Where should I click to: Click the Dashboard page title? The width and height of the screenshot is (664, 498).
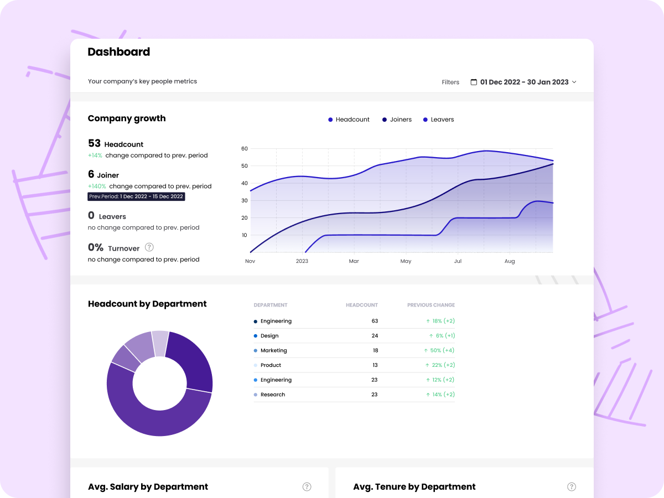point(119,52)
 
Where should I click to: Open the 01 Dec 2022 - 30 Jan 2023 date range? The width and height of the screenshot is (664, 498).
point(524,82)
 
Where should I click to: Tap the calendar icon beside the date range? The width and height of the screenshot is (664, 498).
point(474,82)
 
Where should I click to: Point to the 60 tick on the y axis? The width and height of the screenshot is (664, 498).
point(244,149)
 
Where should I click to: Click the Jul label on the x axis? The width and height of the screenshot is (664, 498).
point(458,261)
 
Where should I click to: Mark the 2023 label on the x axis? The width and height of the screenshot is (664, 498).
point(302,261)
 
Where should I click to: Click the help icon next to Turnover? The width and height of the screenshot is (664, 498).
point(149,247)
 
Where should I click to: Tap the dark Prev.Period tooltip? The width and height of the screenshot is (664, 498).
point(136,196)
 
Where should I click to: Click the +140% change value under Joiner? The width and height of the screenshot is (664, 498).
point(97,186)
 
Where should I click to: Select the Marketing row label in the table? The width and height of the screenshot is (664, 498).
point(273,351)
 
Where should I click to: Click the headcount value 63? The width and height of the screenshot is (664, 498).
point(375,321)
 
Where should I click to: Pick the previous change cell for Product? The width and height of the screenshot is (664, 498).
point(440,365)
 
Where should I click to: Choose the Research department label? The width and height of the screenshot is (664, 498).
point(272,395)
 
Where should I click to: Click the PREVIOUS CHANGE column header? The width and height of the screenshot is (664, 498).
point(430,305)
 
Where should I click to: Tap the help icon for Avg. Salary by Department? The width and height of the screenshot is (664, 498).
point(307,487)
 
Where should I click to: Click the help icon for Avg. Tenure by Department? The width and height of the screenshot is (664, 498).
point(572,487)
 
